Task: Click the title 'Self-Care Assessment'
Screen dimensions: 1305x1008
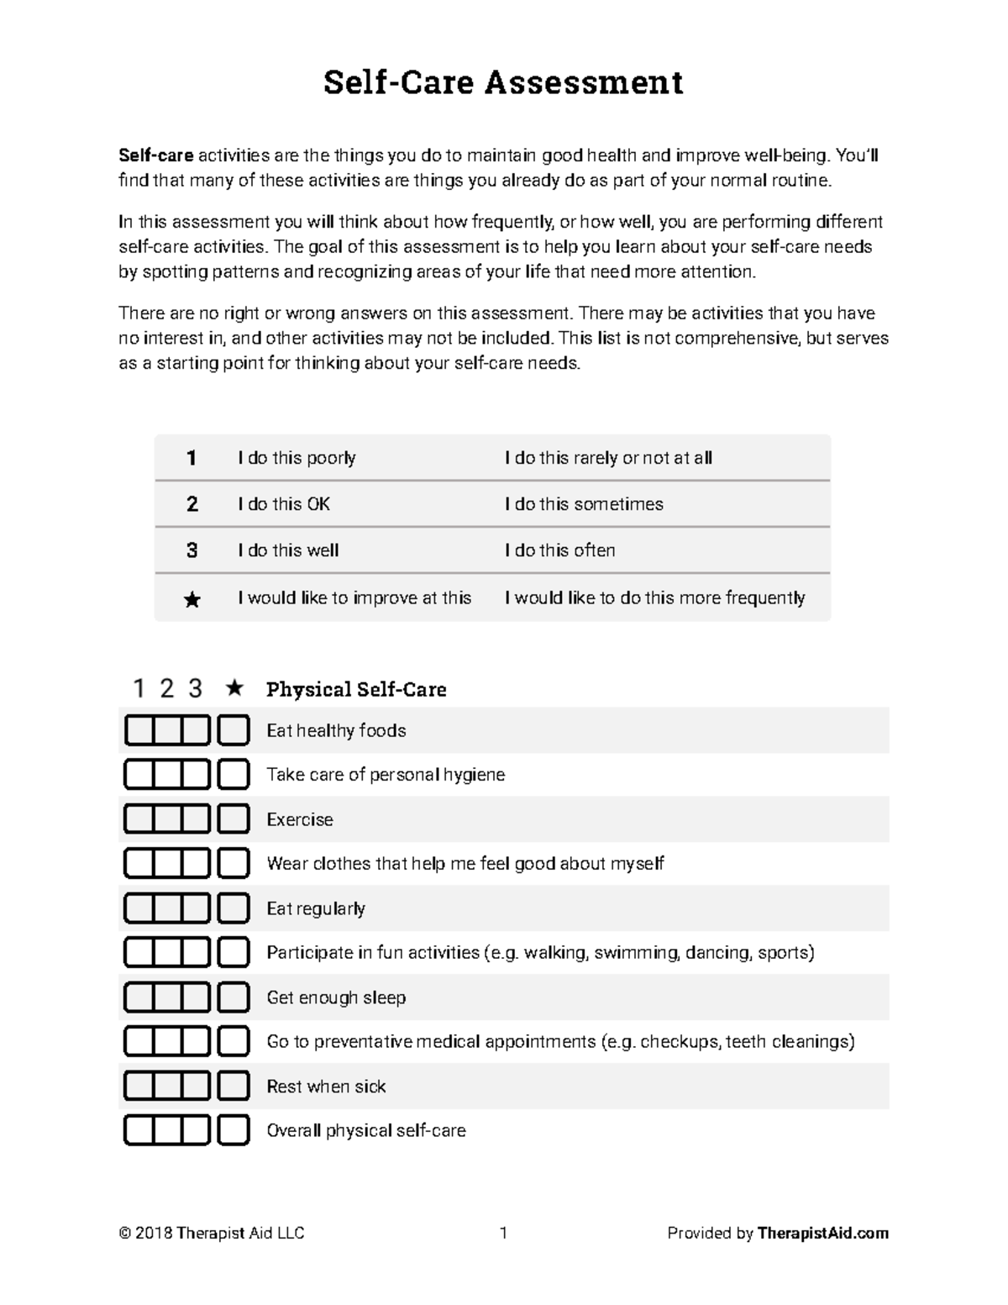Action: click(x=503, y=82)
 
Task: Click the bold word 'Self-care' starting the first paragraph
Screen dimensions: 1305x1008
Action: click(x=156, y=155)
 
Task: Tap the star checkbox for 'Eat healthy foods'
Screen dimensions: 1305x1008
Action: click(x=234, y=730)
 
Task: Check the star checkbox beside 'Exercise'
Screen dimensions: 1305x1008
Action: click(x=234, y=819)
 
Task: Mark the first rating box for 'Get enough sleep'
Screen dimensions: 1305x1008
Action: click(x=139, y=997)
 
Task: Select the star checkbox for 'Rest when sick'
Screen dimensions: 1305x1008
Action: click(x=234, y=1086)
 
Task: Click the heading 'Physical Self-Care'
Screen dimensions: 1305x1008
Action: click(x=356, y=690)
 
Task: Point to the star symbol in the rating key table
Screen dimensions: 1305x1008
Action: click(x=192, y=599)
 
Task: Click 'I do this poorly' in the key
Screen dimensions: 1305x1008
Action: click(x=297, y=458)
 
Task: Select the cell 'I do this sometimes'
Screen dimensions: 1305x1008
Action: click(x=584, y=504)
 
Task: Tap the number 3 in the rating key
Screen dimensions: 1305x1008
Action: click(x=192, y=550)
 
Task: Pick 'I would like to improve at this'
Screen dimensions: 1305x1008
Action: click(x=354, y=597)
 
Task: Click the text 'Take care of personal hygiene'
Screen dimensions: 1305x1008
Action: click(x=386, y=775)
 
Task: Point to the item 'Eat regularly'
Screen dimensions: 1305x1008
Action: click(x=316, y=908)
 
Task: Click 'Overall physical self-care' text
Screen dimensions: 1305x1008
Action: click(x=366, y=1130)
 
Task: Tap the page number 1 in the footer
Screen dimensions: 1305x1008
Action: click(x=503, y=1234)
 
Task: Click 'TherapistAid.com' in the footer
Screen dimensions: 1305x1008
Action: click(x=822, y=1234)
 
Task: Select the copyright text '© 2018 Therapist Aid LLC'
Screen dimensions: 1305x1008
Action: click(x=212, y=1234)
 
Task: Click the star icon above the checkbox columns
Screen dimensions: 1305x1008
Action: click(x=234, y=688)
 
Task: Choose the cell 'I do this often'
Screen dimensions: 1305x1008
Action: click(x=559, y=550)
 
